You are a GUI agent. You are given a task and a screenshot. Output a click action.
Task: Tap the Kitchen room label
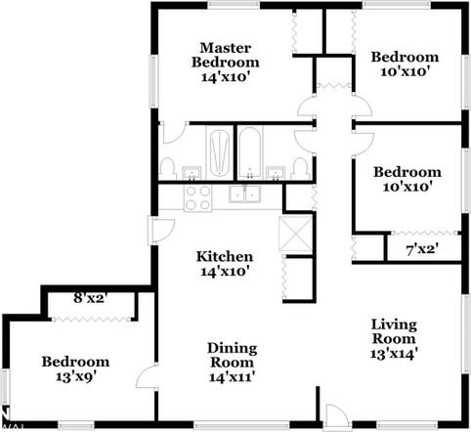pyautogui.click(x=225, y=256)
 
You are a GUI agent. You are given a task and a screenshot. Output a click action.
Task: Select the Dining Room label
pyautogui.click(x=233, y=356)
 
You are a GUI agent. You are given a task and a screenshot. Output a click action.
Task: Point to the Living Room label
pyautogui.click(x=394, y=331)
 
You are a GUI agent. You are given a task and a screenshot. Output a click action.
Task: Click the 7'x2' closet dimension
pyautogui.click(x=422, y=250)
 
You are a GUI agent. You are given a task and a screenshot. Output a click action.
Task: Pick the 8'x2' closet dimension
pyautogui.click(x=90, y=298)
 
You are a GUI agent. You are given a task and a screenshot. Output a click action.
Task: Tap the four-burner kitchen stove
pyautogui.click(x=197, y=197)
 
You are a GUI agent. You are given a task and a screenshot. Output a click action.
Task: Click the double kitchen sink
pyautogui.click(x=244, y=194)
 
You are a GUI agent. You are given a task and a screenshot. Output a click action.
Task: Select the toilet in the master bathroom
pyautogui.click(x=167, y=168)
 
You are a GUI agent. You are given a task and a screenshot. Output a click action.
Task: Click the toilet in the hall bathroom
pyautogui.click(x=301, y=168)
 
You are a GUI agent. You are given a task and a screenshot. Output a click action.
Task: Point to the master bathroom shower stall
pyautogui.click(x=220, y=152)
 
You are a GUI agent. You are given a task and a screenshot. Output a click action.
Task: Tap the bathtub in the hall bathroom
pyautogui.click(x=250, y=152)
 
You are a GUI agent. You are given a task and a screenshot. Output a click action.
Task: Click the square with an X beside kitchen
pyautogui.click(x=296, y=234)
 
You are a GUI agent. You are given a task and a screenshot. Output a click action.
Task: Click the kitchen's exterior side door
pyautogui.click(x=162, y=231)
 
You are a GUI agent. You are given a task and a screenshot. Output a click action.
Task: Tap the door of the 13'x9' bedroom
pyautogui.click(x=148, y=375)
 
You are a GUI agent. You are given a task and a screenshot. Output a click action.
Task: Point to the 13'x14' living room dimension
pyautogui.click(x=394, y=353)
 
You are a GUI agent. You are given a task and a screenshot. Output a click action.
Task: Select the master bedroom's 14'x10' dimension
pyautogui.click(x=226, y=77)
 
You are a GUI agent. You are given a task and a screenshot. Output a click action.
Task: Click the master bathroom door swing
pyautogui.click(x=174, y=133)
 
